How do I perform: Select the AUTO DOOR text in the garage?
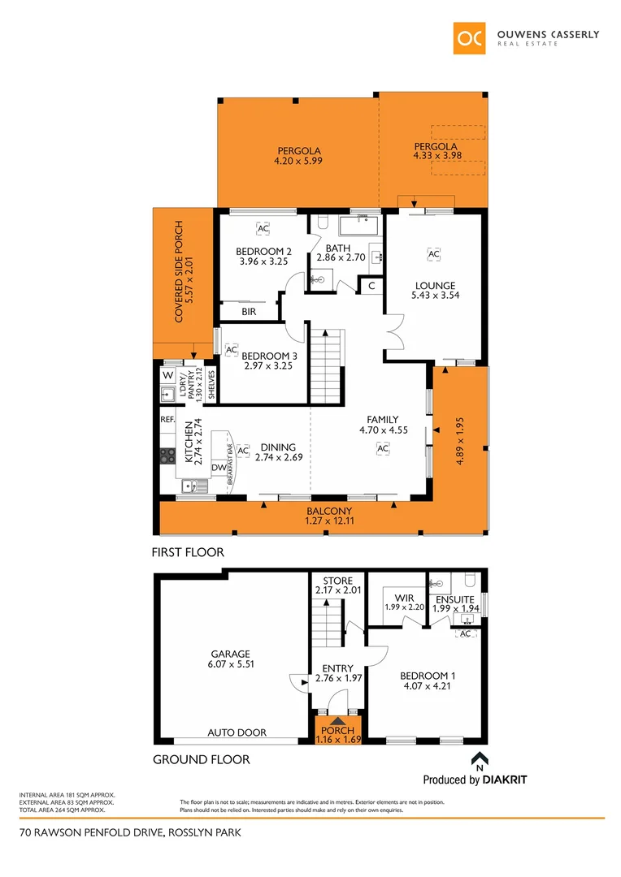(x=237, y=732)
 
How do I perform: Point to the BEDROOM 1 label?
(x=428, y=676)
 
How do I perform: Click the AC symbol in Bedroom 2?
(x=263, y=229)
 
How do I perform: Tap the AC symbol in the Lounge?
(x=433, y=254)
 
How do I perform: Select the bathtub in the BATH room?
(x=359, y=224)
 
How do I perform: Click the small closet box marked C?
(x=371, y=286)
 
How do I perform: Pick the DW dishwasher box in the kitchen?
(x=219, y=467)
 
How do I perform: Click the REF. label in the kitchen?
(x=168, y=420)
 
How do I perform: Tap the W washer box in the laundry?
(x=167, y=375)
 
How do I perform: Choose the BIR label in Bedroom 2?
(x=249, y=311)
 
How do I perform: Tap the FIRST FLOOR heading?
(x=189, y=552)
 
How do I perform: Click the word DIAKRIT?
(x=506, y=780)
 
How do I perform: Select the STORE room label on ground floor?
(x=337, y=581)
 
